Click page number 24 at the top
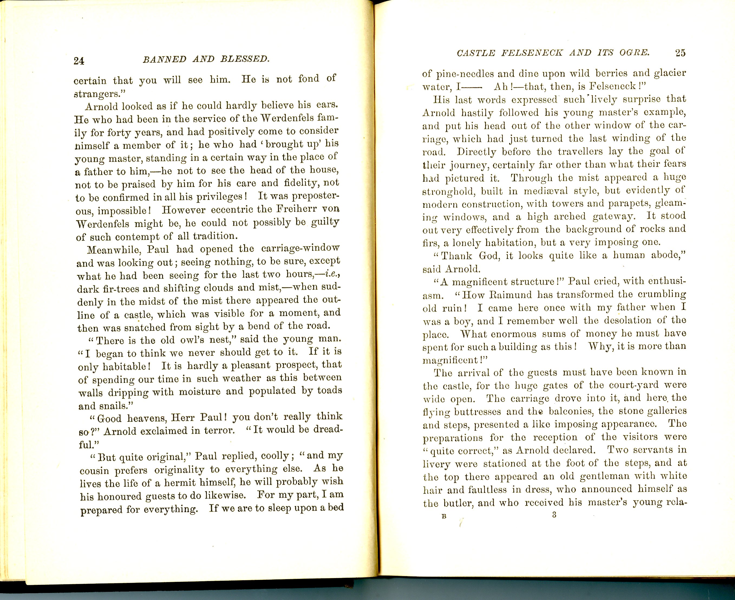79,61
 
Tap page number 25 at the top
680,53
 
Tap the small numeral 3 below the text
554,515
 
